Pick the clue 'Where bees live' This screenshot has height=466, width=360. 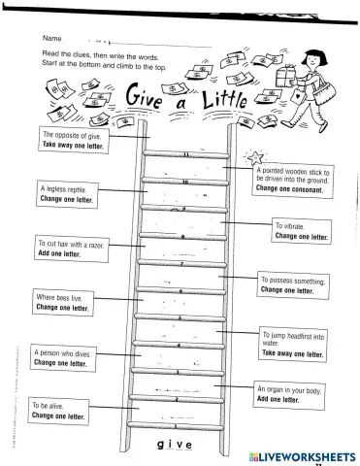[62, 302]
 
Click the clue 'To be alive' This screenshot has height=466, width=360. [57, 410]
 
